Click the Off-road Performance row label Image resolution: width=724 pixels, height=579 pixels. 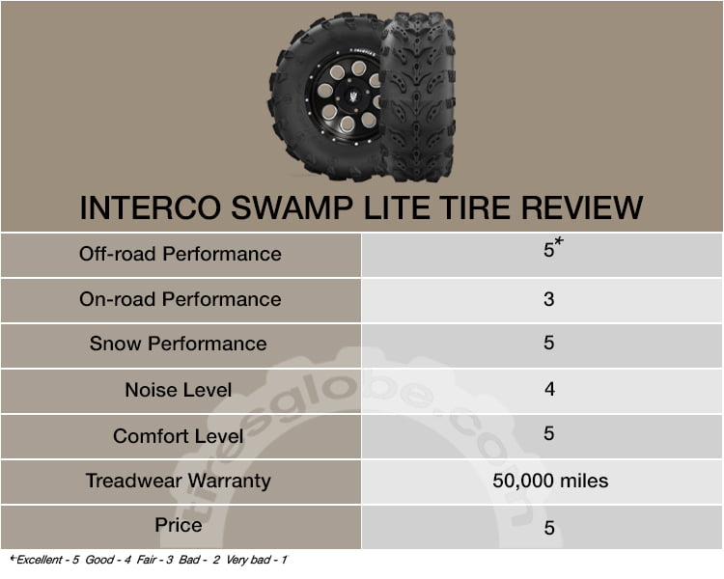[x=181, y=254]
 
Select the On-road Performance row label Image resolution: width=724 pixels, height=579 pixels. [x=181, y=299]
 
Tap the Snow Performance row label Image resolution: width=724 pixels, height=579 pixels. [x=179, y=344]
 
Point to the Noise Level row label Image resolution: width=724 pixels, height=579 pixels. [x=179, y=390]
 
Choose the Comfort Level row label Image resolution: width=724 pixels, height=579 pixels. [x=179, y=436]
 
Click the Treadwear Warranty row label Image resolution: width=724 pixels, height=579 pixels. [x=179, y=481]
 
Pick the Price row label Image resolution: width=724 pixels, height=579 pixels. [x=179, y=525]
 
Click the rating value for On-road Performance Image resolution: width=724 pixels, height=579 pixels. [x=549, y=299]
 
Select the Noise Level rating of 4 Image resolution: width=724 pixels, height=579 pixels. [x=549, y=389]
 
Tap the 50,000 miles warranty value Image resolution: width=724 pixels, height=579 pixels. [x=550, y=481]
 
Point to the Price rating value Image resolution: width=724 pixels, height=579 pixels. [x=549, y=528]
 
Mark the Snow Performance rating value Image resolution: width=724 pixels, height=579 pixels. [x=549, y=343]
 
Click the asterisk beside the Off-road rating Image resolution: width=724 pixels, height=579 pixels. [x=559, y=241]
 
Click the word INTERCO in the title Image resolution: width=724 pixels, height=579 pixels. [x=151, y=207]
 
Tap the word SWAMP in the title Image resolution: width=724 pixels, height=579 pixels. [x=292, y=207]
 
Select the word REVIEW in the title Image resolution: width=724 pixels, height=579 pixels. [x=582, y=207]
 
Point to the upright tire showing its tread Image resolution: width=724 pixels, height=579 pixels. [x=418, y=96]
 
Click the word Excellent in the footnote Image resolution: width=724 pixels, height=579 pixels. [x=40, y=560]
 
